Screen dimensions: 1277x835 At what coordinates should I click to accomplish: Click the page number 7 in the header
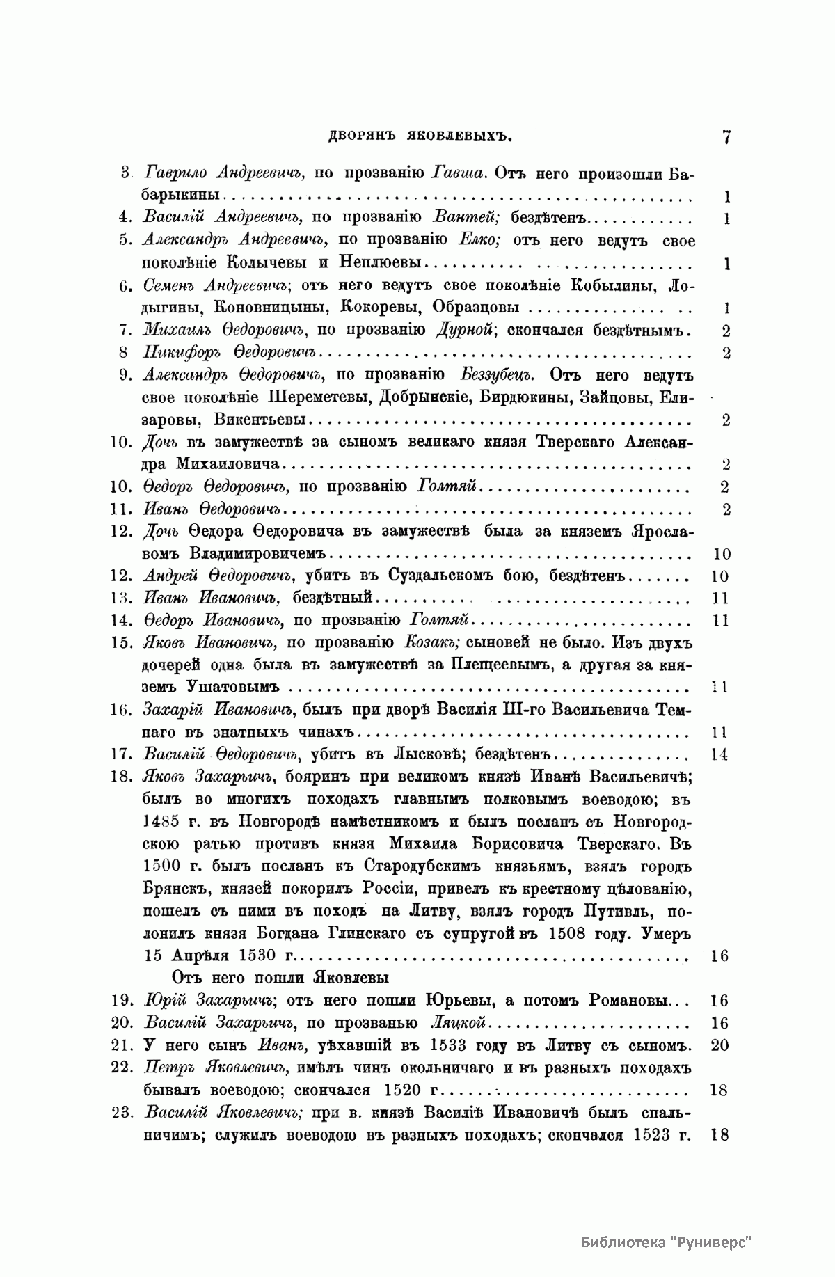[x=726, y=137]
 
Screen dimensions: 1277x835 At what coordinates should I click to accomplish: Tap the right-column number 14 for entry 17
[x=719, y=755]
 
